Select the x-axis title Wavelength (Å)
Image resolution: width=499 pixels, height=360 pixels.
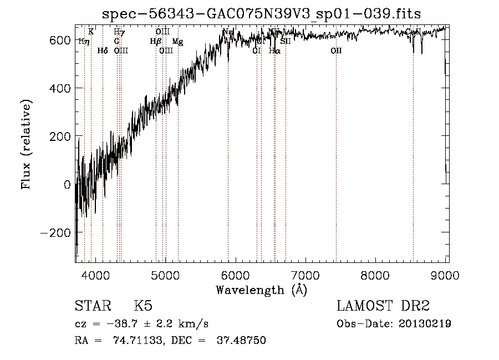tap(261, 290)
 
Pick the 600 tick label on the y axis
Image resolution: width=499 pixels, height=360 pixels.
tap(60, 40)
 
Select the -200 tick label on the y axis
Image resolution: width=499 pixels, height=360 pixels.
tap(56, 232)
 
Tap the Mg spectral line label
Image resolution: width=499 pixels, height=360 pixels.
tap(177, 42)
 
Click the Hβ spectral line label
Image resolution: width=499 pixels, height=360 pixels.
tap(156, 42)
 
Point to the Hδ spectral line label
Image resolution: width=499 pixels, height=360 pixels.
tap(103, 51)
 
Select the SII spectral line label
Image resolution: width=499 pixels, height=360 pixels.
tap(286, 42)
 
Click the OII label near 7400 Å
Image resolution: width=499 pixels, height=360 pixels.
tap(336, 51)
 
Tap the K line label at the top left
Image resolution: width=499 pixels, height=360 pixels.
tap(91, 32)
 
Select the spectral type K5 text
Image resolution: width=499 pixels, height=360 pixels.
tap(143, 306)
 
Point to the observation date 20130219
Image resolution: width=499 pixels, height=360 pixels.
tap(427, 324)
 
